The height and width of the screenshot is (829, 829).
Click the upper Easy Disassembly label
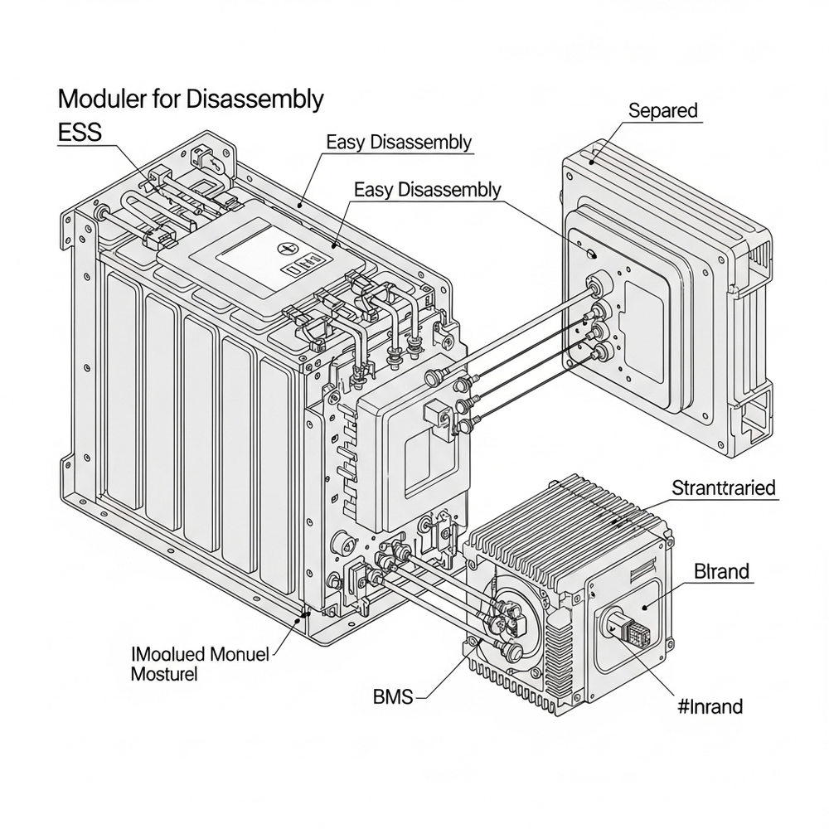[x=399, y=142]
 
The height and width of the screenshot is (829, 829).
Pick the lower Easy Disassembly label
[x=427, y=189]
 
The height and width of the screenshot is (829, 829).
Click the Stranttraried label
[x=724, y=487]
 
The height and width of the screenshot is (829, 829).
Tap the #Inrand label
[x=710, y=706]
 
